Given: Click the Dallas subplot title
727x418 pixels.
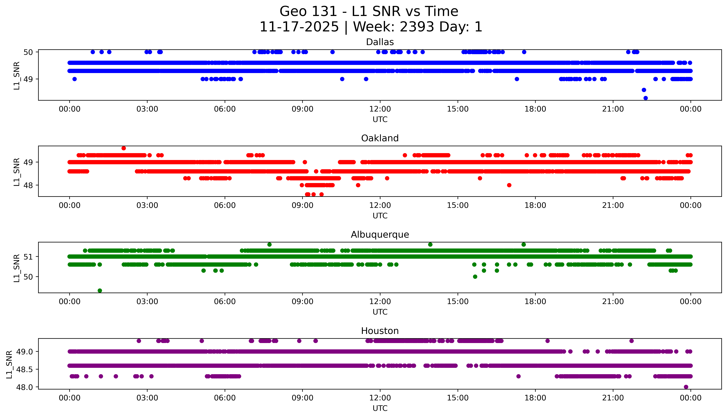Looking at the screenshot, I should (380, 42).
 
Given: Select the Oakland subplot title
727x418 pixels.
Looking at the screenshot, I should (380, 138).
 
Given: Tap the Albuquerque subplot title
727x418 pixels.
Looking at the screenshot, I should (380, 235).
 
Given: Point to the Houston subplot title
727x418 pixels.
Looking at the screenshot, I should (380, 331).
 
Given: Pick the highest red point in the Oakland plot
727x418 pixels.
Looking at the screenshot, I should (124, 148).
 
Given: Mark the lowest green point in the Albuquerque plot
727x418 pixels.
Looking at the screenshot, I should (100, 291).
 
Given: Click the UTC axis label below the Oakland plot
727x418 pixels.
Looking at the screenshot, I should (380, 216).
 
